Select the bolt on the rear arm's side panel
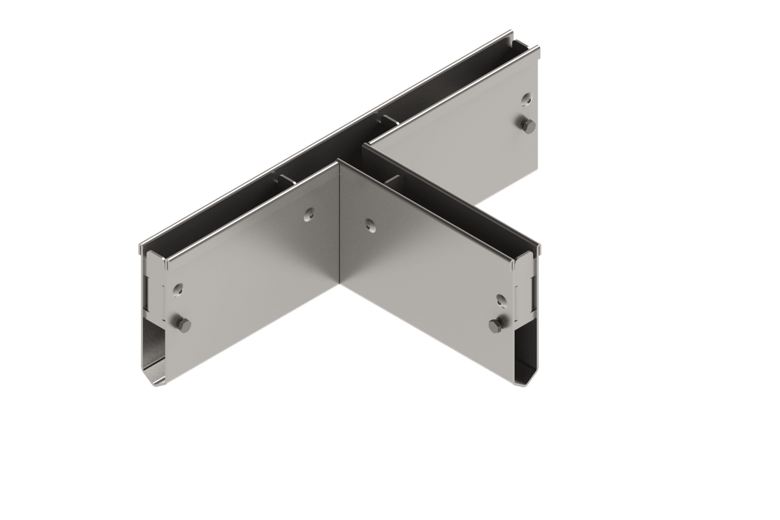coord(528,124)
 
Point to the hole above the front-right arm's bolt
coord(500,298)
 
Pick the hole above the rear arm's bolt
coord(526,99)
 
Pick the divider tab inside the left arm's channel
coord(283,181)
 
